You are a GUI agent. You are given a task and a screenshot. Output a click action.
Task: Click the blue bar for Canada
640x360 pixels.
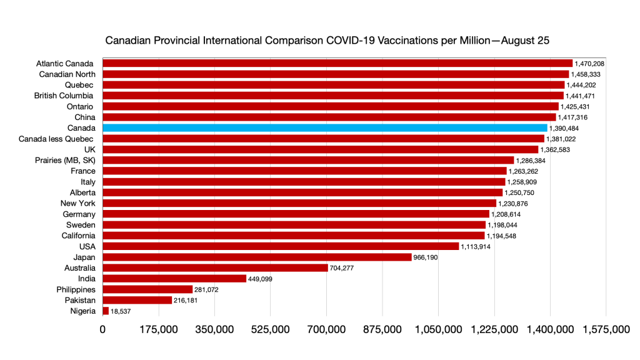[x=325, y=127]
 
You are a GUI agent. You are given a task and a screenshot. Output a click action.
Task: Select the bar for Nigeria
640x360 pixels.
[x=106, y=311]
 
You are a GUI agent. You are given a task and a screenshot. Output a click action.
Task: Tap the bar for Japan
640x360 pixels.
[x=257, y=257]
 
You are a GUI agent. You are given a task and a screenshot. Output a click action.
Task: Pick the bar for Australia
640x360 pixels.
[x=215, y=267]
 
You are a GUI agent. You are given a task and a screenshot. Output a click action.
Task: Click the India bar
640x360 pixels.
[x=174, y=278]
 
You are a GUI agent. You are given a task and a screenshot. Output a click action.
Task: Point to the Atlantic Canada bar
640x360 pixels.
[x=337, y=63]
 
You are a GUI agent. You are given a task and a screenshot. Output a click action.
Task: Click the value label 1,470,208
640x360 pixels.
[x=590, y=63]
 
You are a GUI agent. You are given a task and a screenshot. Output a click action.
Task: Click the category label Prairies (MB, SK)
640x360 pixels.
[x=65, y=160]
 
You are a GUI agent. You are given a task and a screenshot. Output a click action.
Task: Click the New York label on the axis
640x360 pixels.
[x=78, y=203]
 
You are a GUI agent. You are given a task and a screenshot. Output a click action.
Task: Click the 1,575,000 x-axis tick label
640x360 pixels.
[x=606, y=329]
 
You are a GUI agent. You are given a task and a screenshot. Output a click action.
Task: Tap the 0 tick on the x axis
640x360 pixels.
[x=102, y=329]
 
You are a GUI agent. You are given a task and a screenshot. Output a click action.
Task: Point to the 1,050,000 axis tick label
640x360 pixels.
[x=438, y=329]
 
